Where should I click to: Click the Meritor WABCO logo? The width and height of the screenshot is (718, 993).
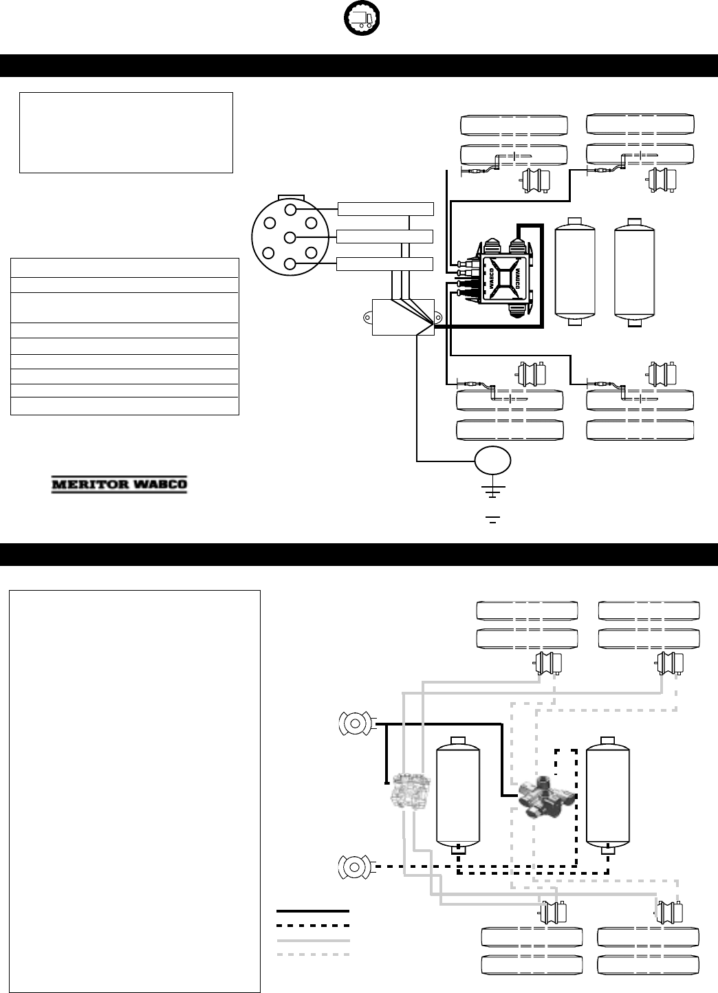point(120,485)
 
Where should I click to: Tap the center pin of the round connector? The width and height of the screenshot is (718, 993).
point(290,237)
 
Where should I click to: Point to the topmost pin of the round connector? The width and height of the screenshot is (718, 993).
point(290,209)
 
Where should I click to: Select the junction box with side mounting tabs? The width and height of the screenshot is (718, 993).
point(402,317)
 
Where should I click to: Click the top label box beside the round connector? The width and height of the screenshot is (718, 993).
point(386,209)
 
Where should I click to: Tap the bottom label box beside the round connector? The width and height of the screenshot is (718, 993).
point(386,264)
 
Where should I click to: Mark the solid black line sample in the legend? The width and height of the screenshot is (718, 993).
point(313,910)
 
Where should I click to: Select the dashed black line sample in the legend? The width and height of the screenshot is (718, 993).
point(313,925)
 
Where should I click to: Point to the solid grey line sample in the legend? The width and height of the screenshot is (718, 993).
point(313,939)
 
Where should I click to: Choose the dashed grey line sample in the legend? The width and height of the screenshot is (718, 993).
point(313,954)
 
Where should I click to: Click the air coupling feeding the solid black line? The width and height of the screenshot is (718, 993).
point(355,723)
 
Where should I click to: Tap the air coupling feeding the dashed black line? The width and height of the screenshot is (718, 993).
point(355,867)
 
